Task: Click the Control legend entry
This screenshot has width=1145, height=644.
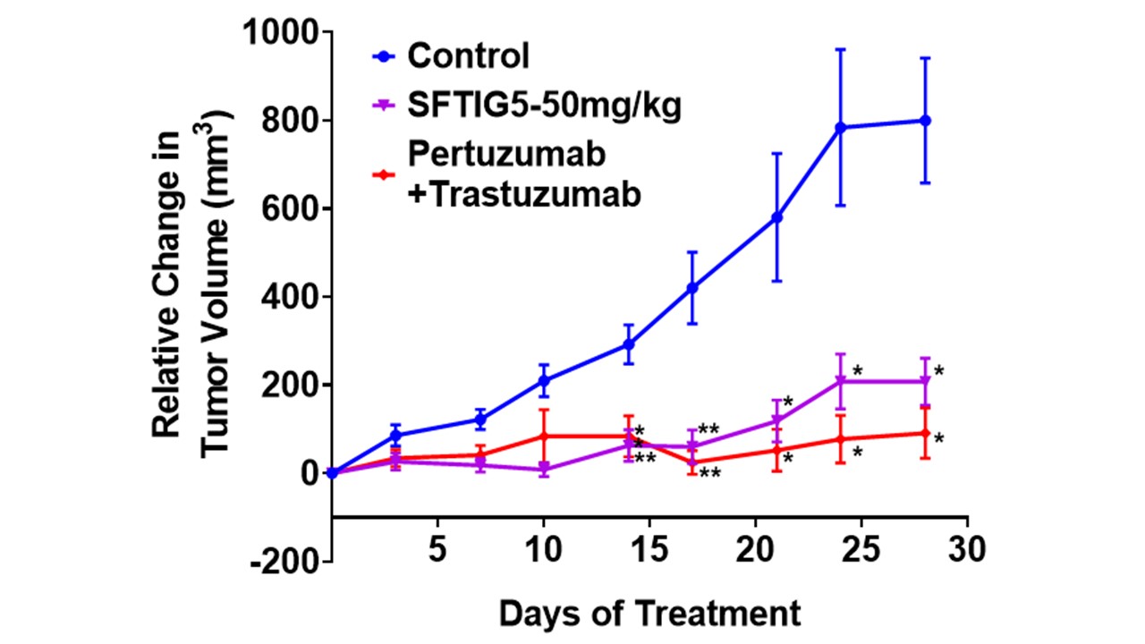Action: [468, 56]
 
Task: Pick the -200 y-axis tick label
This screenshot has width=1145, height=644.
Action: [285, 563]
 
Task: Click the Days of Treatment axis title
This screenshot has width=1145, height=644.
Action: [649, 614]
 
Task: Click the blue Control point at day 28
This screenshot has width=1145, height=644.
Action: [926, 121]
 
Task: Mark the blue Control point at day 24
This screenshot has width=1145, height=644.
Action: [841, 128]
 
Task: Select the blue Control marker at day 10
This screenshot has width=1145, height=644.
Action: [544, 381]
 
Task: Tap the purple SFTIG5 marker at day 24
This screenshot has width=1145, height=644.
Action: [841, 382]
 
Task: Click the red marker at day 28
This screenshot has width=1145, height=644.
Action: [926, 433]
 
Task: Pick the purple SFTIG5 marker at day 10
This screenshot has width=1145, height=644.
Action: [544, 470]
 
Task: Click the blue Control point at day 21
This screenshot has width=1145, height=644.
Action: [777, 217]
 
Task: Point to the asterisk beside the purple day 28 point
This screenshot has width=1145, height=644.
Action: [939, 371]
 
